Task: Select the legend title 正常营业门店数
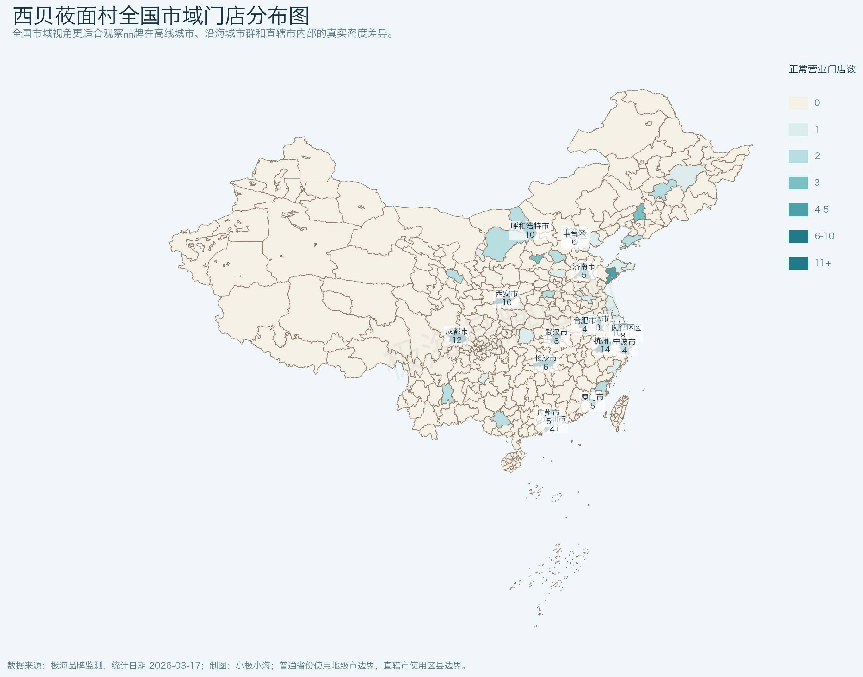[x=822, y=69]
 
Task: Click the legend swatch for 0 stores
[x=798, y=103]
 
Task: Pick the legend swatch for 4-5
[x=798, y=210]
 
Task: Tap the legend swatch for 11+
[x=798, y=263]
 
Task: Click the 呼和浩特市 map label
[x=530, y=226]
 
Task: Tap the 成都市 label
[x=456, y=331]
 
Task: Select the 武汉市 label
[x=556, y=332]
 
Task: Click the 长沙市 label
[x=545, y=359]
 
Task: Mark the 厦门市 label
[x=592, y=397]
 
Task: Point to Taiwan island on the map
[x=619, y=412]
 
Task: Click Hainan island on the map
[x=514, y=461]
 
